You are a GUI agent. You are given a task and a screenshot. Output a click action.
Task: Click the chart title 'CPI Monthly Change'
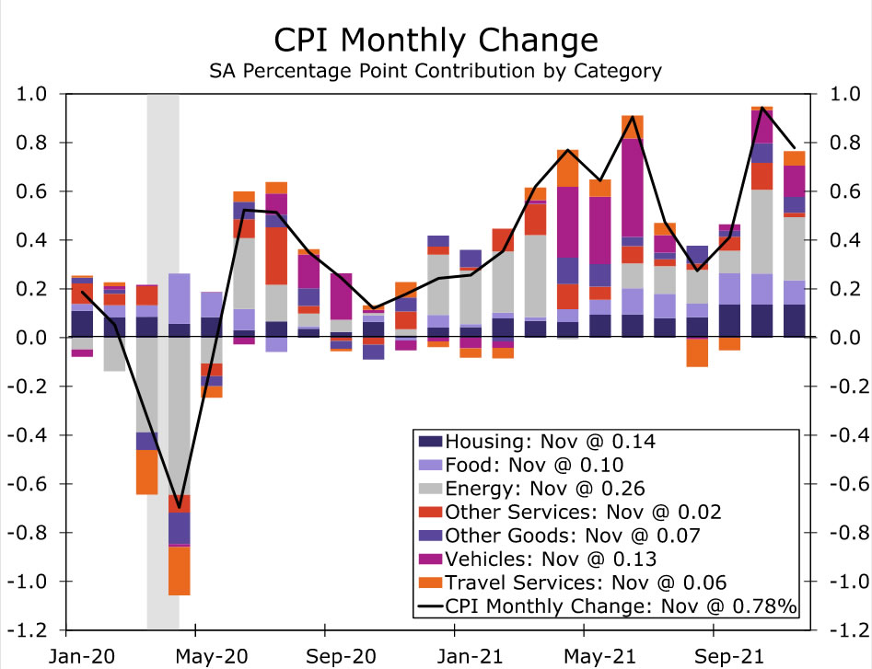pyautogui.click(x=436, y=41)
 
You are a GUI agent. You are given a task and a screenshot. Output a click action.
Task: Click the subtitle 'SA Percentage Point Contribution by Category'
pyautogui.click(x=436, y=70)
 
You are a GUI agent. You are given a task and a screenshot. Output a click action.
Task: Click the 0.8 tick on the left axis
pyautogui.click(x=34, y=143)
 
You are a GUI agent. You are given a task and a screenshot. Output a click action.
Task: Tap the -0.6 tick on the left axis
pyautogui.click(x=30, y=484)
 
